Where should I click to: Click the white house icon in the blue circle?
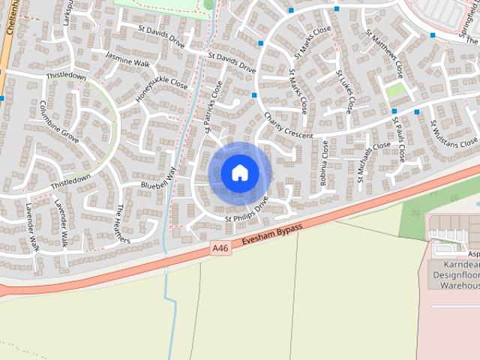(x=239, y=172)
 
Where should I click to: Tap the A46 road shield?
(x=219, y=247)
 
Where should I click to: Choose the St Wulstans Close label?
(x=453, y=133)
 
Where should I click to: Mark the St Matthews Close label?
(x=385, y=53)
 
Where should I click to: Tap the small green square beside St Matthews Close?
(x=394, y=91)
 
